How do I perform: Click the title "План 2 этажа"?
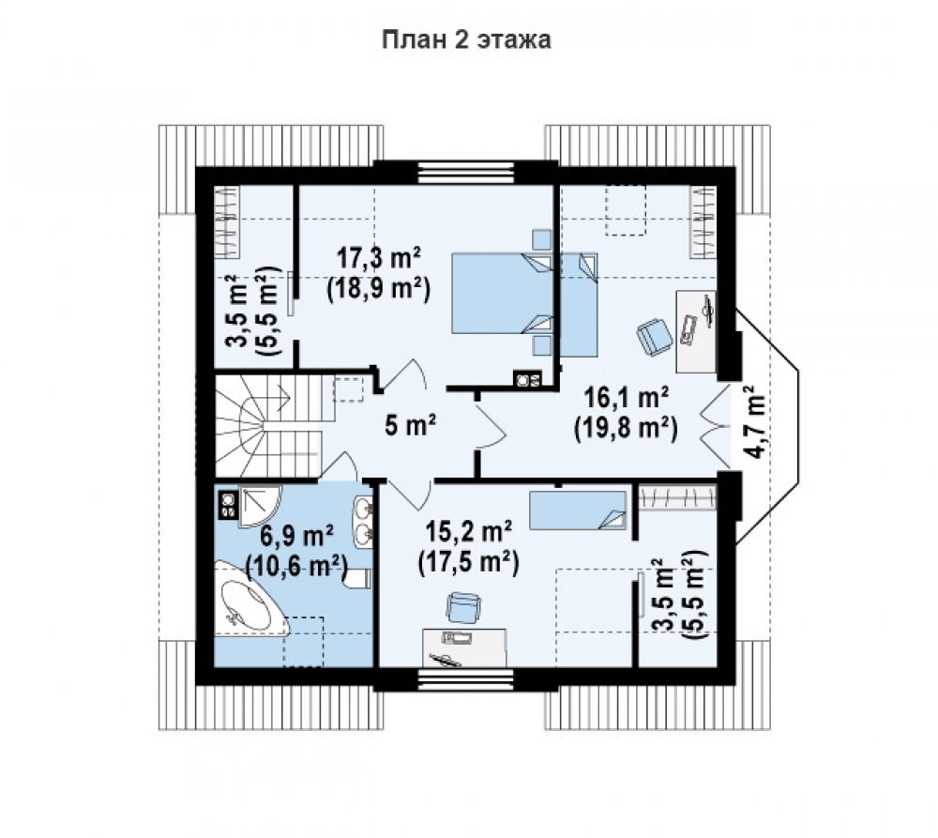466,39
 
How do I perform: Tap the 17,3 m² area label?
379,258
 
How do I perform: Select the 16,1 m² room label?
627,396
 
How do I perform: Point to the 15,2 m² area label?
468,530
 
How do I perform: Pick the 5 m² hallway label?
411,426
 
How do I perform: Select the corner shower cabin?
259,507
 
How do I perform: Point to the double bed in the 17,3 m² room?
502,294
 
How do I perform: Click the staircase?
267,426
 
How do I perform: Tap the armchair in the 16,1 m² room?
654,335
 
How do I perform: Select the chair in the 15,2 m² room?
463,607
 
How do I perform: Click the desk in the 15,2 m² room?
464,648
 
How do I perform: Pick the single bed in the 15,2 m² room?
578,510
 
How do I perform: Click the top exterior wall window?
466,173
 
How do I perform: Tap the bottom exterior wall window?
466,679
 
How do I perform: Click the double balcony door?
715,426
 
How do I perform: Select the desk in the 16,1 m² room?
696,331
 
